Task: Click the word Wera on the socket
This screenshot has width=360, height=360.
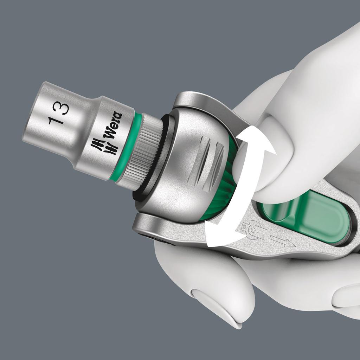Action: (x=113, y=126)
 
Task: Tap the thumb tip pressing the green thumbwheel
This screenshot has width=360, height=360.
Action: (x=246, y=169)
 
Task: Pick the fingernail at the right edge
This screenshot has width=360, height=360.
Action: (x=346, y=295)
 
